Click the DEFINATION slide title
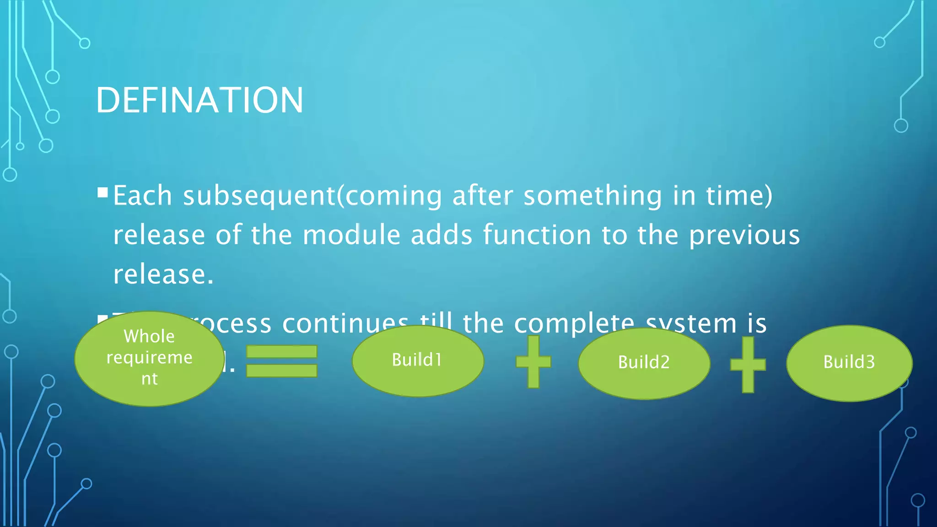199,100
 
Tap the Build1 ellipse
418,360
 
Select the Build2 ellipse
644,363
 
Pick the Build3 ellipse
849,362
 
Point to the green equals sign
281,361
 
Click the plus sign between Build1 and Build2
533,362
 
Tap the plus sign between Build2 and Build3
748,365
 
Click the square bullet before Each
102,192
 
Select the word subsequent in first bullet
259,196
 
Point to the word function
537,235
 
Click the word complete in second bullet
574,323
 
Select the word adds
442,235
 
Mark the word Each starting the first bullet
143,196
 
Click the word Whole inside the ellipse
149,336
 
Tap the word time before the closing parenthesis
734,196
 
